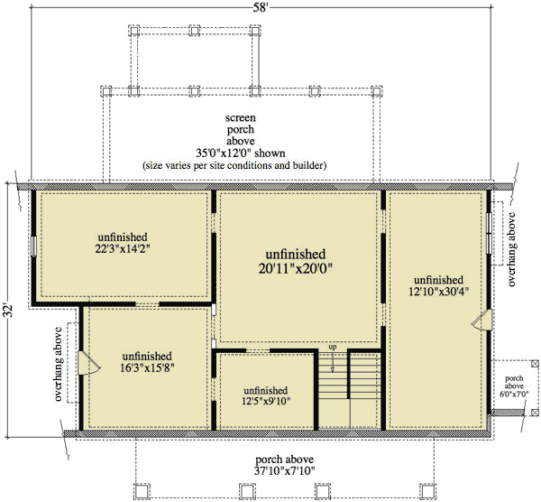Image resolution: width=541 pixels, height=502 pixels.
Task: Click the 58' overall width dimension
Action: pos(261,7)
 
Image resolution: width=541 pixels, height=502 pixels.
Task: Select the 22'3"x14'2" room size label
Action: pos(123,249)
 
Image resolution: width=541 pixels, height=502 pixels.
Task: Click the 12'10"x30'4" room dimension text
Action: pos(438,292)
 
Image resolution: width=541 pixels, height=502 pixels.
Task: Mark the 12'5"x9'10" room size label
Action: pos(266,401)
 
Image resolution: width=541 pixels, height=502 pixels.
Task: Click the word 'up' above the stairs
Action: pos(333,347)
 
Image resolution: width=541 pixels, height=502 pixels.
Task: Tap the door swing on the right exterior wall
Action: pos(481,320)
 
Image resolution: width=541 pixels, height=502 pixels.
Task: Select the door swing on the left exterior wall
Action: pos(89,363)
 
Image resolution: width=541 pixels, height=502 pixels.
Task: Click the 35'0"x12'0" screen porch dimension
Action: pos(241,153)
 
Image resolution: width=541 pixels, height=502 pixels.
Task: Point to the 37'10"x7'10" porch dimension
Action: pos(284,470)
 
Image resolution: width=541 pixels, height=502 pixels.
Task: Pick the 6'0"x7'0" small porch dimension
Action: pos(514,394)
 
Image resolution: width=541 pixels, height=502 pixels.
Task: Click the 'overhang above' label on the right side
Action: pos(512,249)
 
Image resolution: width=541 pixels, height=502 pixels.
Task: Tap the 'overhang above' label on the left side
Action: pos(59,364)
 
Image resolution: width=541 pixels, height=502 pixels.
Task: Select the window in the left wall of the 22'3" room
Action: pos(33,246)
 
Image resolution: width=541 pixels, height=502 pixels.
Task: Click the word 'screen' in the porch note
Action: pos(241,117)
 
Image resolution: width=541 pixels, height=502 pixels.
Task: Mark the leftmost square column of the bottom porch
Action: pos(142,490)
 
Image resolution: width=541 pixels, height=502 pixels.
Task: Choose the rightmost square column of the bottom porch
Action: pos(427,490)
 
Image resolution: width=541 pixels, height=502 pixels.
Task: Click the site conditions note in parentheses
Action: pos(234,165)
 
